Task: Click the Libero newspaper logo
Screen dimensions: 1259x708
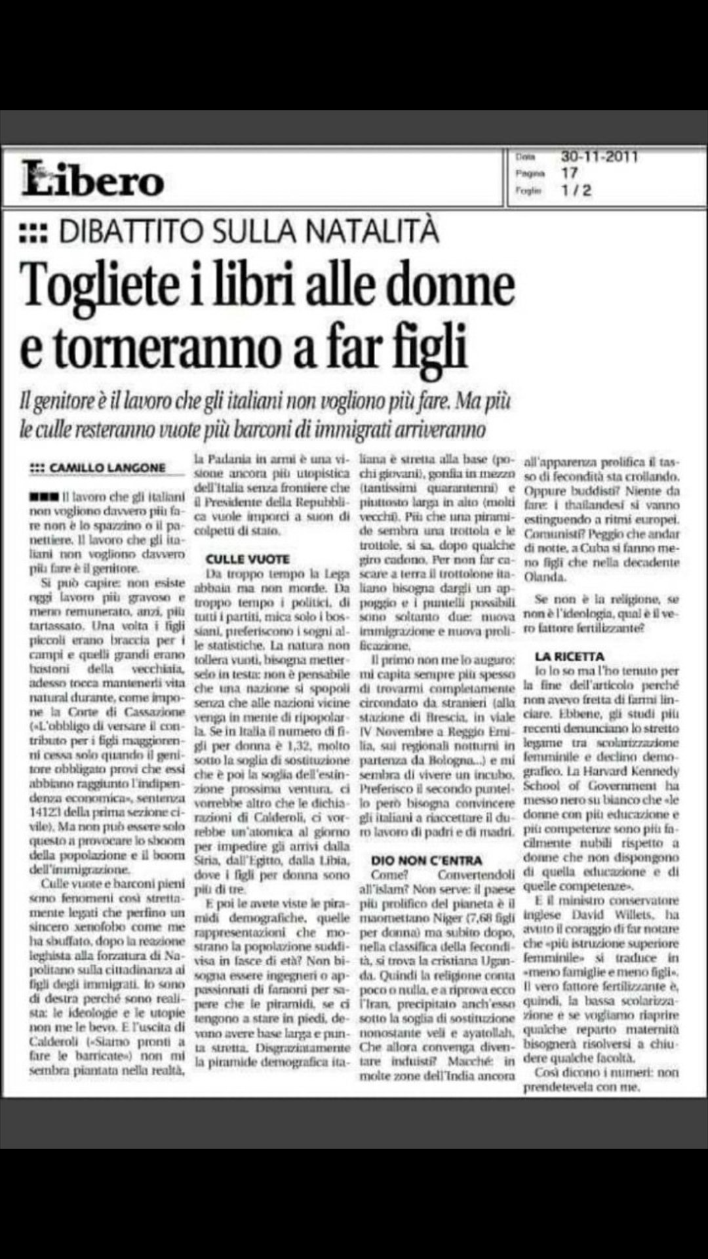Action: click(92, 179)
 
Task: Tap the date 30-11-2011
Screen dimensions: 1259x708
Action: click(599, 157)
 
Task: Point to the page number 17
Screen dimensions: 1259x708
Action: click(569, 174)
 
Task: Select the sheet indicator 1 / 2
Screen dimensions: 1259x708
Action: click(576, 190)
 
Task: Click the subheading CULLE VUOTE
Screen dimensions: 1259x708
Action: click(247, 559)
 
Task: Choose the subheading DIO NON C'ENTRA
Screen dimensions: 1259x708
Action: click(426, 860)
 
